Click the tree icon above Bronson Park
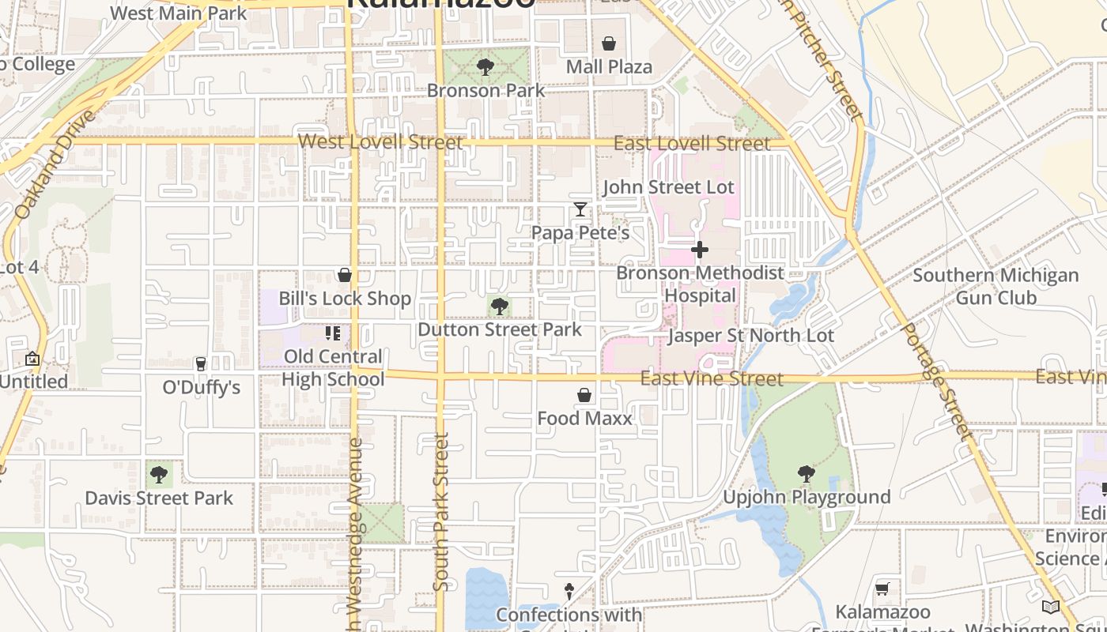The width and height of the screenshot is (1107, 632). click(x=485, y=68)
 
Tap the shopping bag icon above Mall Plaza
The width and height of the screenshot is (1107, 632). click(x=609, y=43)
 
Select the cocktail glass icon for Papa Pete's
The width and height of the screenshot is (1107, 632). click(x=580, y=209)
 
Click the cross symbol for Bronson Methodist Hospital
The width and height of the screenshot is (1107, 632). click(x=700, y=250)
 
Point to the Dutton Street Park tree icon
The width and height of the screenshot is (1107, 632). click(x=499, y=307)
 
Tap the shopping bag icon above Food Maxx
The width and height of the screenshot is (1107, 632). click(x=584, y=395)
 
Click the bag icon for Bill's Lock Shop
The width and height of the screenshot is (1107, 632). click(x=345, y=275)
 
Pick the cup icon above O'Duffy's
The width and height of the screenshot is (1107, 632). click(x=201, y=364)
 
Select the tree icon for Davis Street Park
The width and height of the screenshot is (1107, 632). click(x=159, y=475)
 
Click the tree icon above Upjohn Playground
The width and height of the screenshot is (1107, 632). click(x=807, y=474)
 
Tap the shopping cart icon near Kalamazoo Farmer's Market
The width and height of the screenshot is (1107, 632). click(x=882, y=589)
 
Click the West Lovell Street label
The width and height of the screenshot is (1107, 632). click(x=380, y=142)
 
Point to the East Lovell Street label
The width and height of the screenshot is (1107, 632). click(x=692, y=144)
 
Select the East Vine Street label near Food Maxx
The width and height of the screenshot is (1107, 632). click(x=712, y=379)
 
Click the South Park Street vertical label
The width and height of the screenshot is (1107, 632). click(x=441, y=511)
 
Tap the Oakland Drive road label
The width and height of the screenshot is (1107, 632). click(x=54, y=165)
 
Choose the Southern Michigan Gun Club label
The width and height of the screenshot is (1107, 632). click(x=996, y=287)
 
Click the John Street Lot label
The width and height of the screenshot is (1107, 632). click(x=669, y=187)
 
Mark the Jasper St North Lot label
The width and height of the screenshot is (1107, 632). click(x=750, y=336)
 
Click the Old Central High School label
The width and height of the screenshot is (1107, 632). click(x=334, y=368)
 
